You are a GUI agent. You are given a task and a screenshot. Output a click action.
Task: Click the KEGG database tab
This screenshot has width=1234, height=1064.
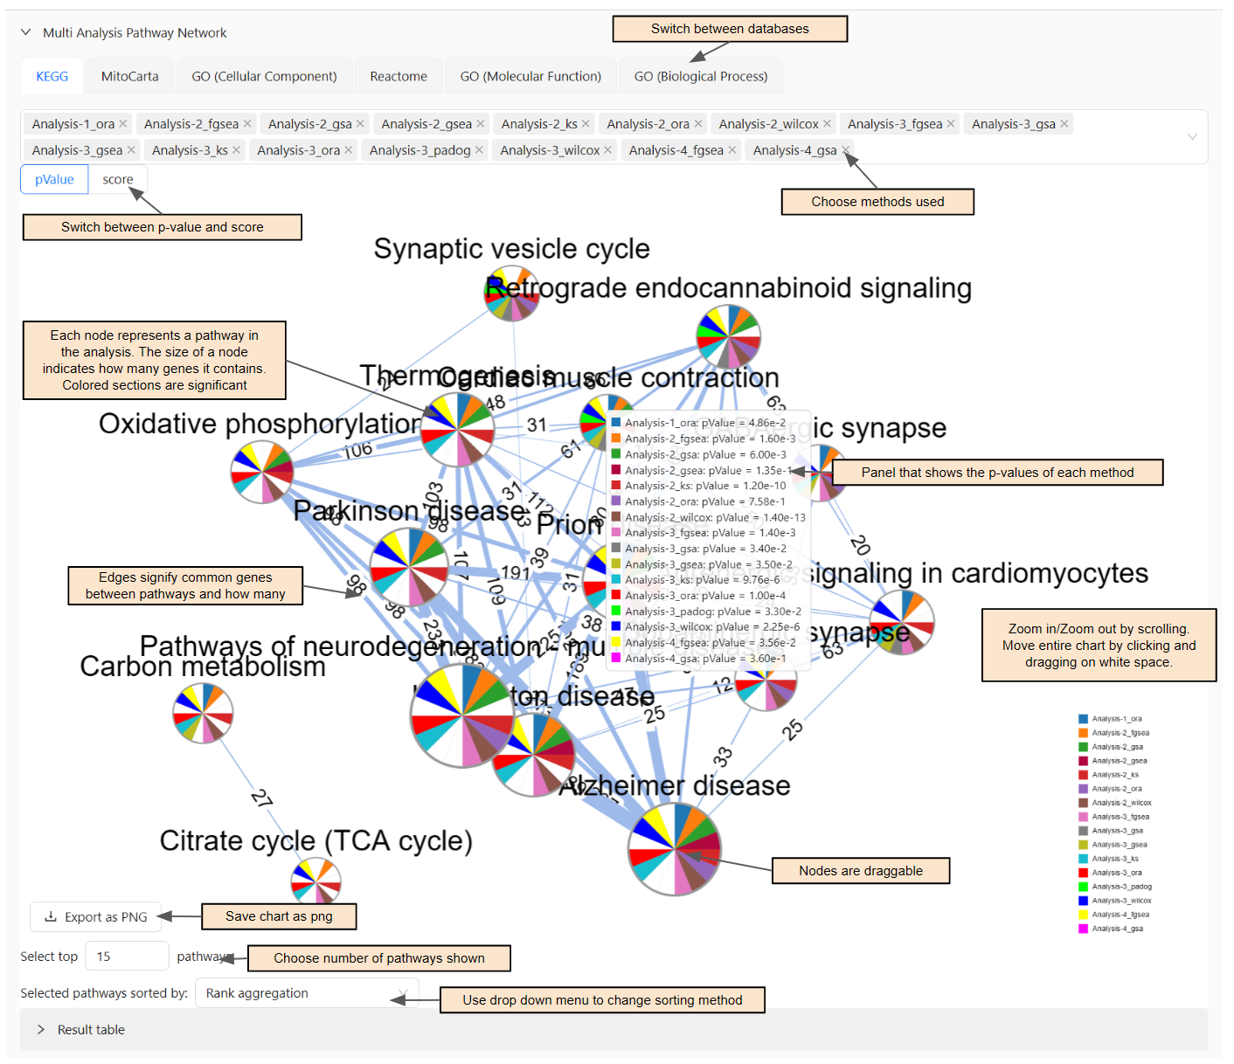[x=52, y=77]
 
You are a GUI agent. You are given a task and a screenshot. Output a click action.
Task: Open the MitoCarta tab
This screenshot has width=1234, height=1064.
[x=129, y=77]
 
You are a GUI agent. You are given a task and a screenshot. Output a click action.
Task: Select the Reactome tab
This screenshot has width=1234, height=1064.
[x=398, y=77]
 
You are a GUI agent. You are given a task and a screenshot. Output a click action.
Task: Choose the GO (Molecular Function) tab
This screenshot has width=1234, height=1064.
[x=530, y=77]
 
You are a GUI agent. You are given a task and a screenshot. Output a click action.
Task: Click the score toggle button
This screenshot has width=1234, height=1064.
[x=118, y=180]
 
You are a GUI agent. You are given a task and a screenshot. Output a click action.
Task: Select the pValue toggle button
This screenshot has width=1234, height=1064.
[x=54, y=180]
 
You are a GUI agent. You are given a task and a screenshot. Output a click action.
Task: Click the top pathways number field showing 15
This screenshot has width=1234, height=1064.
[x=126, y=957]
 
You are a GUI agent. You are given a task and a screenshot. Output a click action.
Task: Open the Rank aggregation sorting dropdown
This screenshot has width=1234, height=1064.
[x=306, y=993]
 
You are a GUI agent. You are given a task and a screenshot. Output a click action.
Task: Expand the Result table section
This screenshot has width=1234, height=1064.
[x=91, y=1030]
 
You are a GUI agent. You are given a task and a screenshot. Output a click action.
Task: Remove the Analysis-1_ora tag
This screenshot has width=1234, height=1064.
[x=123, y=124]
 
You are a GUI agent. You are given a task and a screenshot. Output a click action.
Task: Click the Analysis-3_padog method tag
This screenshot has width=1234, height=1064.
[x=419, y=150]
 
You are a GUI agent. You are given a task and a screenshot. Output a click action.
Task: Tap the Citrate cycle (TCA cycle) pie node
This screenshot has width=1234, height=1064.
[x=315, y=881]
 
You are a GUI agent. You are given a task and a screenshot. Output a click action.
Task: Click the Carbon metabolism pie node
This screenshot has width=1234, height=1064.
[x=203, y=713]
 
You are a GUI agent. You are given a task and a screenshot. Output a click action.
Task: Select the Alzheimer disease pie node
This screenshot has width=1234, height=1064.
[x=674, y=848]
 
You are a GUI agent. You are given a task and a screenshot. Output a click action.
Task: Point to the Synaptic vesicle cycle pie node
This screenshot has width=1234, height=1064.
[x=512, y=294]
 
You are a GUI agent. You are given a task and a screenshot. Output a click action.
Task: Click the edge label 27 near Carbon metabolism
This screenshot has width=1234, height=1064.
[x=261, y=798]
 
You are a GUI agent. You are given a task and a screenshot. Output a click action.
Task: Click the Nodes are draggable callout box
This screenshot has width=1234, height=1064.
[x=860, y=871]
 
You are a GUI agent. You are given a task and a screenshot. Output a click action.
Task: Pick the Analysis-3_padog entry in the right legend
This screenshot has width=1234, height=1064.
[x=1121, y=887]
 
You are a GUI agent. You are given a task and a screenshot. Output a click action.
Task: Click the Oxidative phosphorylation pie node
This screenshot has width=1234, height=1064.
[x=262, y=472]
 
